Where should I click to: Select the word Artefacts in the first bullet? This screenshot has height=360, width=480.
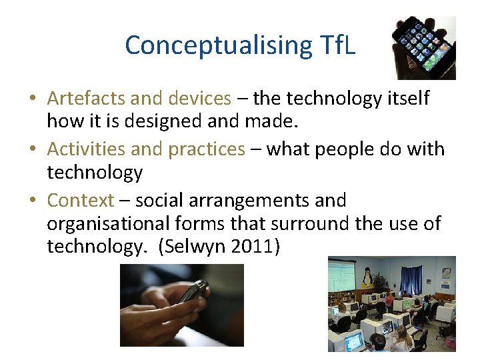tap(87, 99)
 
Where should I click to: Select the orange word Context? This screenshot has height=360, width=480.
tap(81, 200)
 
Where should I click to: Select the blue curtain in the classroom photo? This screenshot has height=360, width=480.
tap(411, 280)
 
